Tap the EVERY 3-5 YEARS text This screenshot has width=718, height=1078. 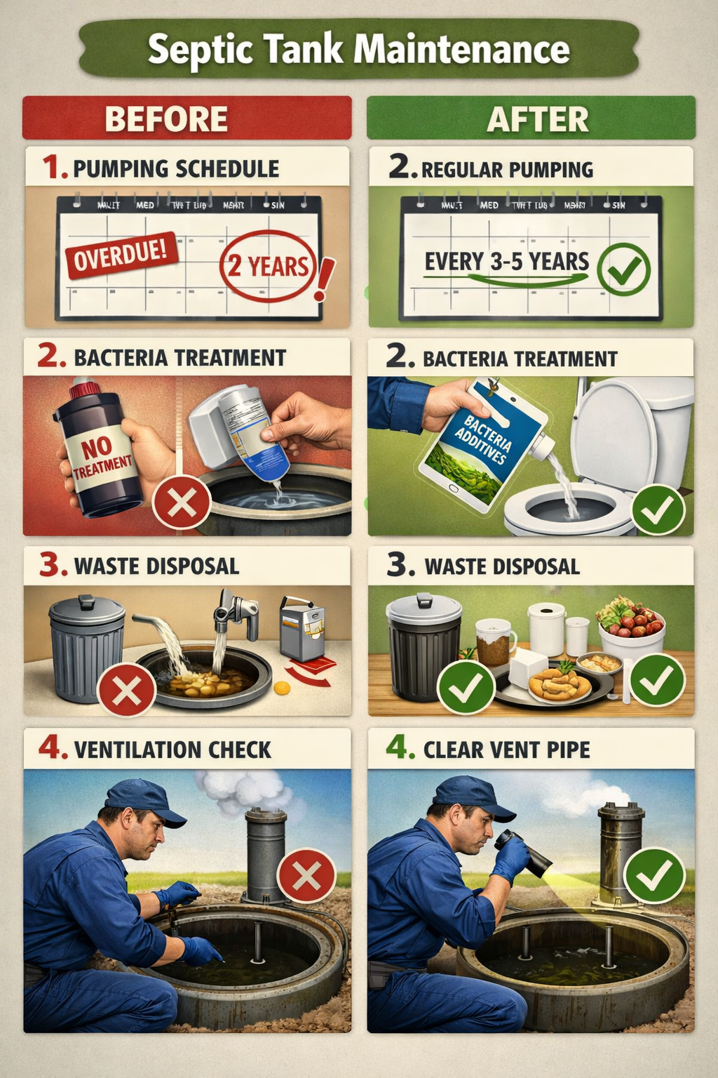click(x=506, y=262)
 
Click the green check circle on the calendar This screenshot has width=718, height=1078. click(x=624, y=268)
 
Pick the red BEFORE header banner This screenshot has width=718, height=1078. click(x=187, y=118)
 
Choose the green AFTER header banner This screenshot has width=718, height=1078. click(x=531, y=118)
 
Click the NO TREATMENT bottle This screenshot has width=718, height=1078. click(x=100, y=449)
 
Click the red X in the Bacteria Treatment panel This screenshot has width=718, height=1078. click(x=182, y=503)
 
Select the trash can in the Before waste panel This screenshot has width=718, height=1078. click(x=87, y=647)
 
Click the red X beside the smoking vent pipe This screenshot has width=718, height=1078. click(x=306, y=876)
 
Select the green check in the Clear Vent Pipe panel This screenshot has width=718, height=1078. click(x=653, y=875)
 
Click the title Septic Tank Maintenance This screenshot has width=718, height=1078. click(x=358, y=50)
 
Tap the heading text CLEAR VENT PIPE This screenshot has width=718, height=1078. click(x=506, y=750)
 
